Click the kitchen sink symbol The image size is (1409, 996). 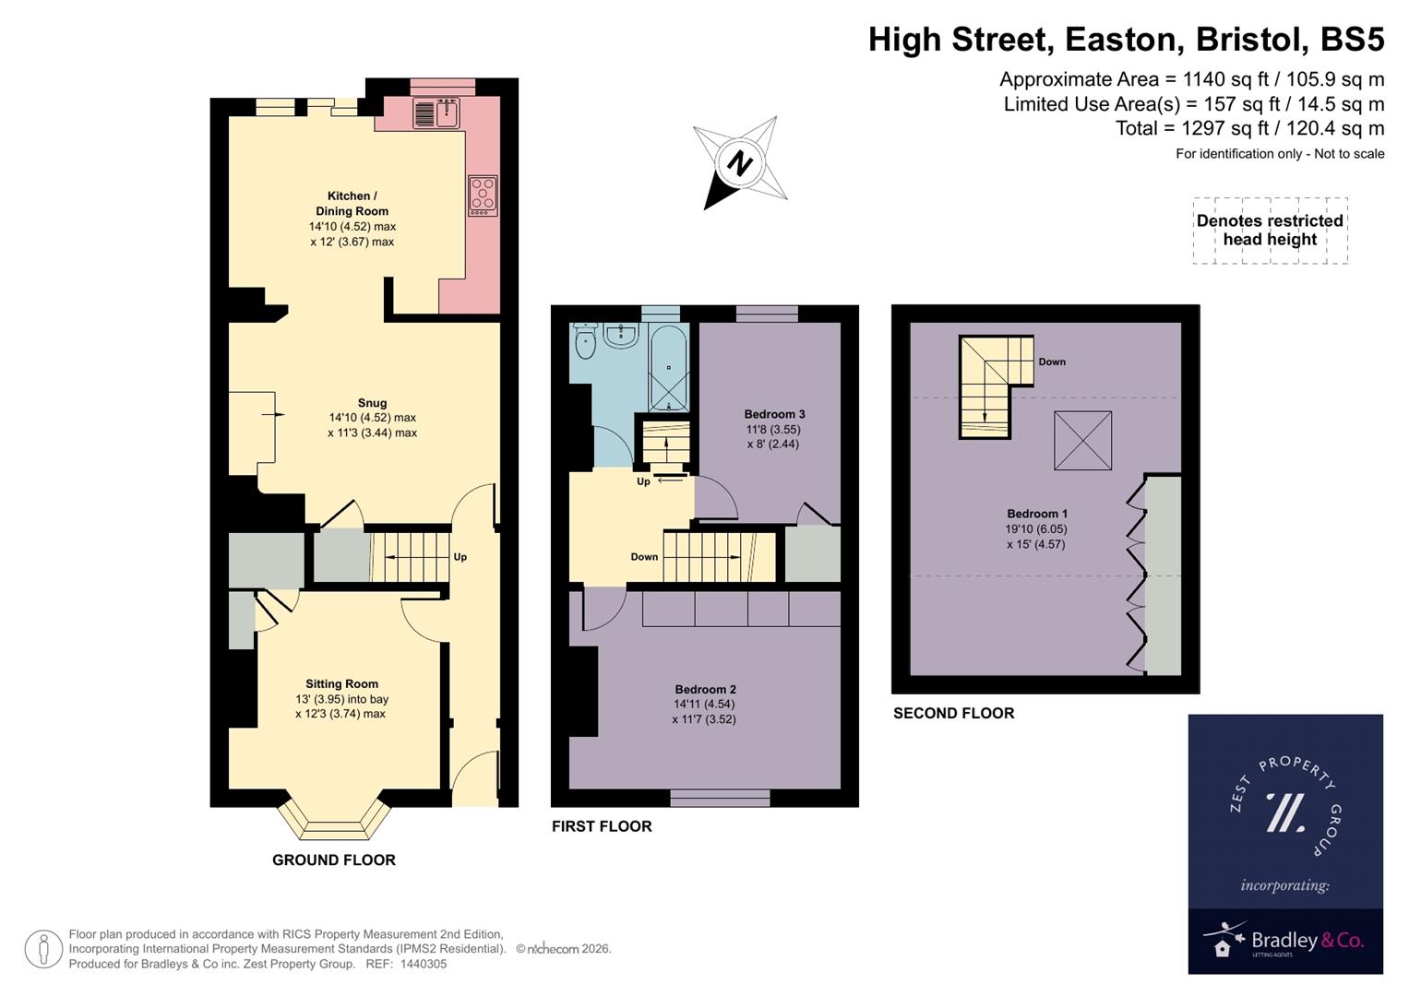click(436, 113)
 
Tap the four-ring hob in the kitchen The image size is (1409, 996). click(483, 196)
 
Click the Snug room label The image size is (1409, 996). click(372, 403)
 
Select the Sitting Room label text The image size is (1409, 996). click(341, 684)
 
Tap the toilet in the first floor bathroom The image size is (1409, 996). click(585, 343)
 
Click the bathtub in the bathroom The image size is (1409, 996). click(668, 368)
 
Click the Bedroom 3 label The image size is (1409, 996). click(774, 414)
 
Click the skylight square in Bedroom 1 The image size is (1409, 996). click(1082, 441)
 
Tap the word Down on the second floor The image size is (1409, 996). click(1051, 362)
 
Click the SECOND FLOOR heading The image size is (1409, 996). click(953, 713)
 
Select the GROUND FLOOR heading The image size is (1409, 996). click(333, 860)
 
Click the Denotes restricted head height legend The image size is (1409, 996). click(1270, 231)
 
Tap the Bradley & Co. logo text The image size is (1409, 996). click(1307, 941)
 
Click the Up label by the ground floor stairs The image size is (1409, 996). click(460, 557)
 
